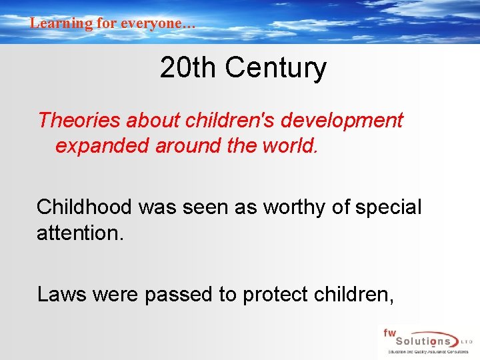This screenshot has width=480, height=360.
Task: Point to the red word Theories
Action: (x=79, y=121)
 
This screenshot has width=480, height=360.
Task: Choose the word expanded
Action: (x=102, y=145)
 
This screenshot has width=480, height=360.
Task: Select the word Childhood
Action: (x=85, y=207)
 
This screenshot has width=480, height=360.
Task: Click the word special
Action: (x=388, y=207)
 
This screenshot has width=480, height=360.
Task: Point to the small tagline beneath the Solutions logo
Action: (x=425, y=352)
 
